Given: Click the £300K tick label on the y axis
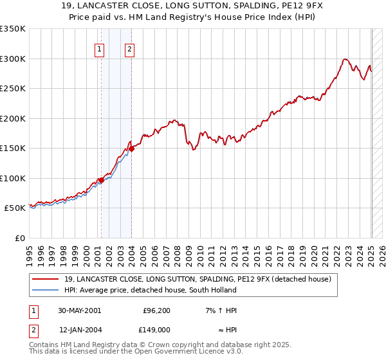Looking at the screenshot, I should click(x=13, y=59).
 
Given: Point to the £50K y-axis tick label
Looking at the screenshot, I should click(x=15, y=208).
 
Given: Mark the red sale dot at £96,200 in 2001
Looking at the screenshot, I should click(x=101, y=181).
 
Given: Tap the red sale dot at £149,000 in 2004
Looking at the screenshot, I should click(x=131, y=149).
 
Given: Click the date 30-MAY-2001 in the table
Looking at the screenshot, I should click(x=79, y=310).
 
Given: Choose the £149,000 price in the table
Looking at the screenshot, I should click(x=155, y=329).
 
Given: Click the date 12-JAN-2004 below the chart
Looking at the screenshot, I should click(x=79, y=329).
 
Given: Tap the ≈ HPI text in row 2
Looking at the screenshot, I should click(x=227, y=329).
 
